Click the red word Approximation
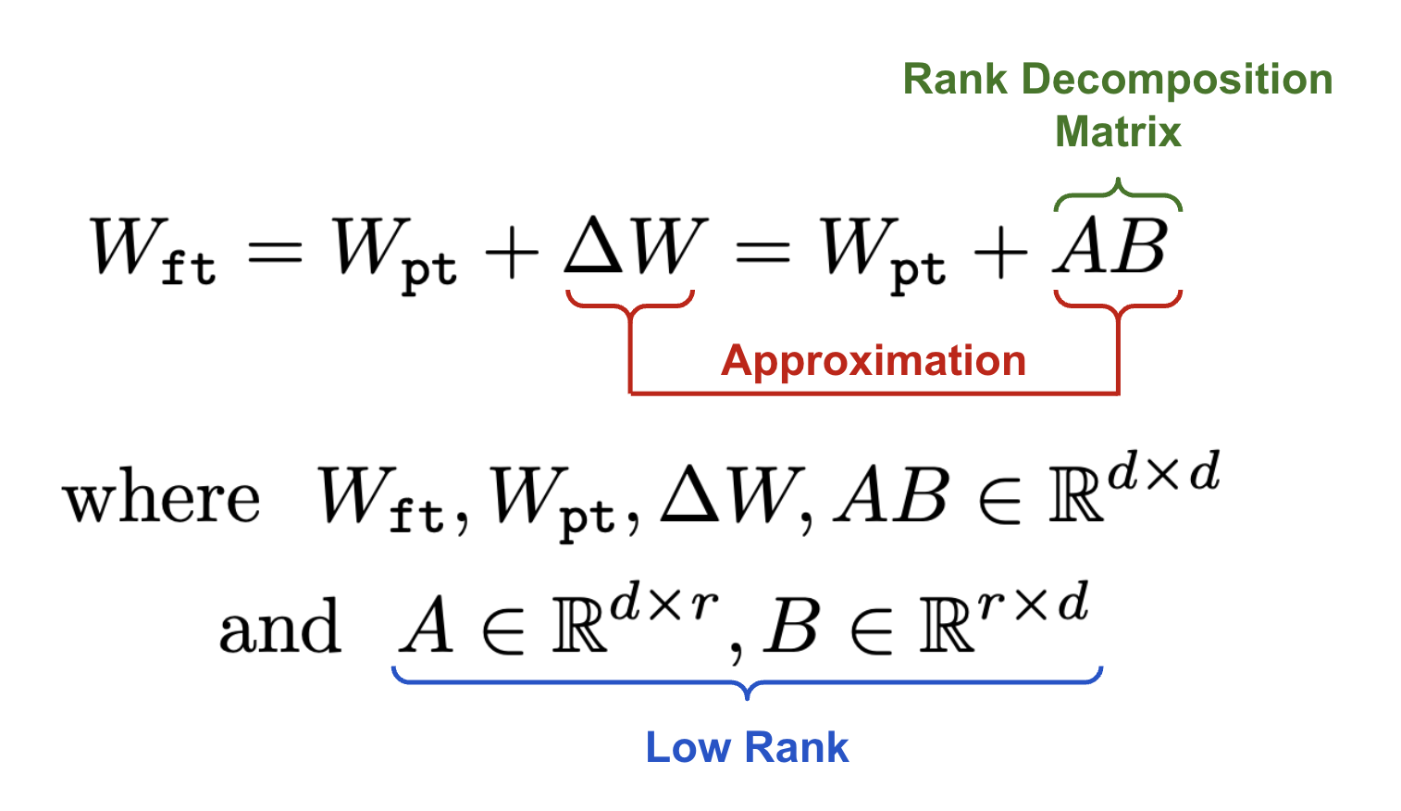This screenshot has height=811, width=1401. [873, 360]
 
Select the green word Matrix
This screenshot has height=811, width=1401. [1118, 131]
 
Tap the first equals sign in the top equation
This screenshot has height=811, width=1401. [275, 250]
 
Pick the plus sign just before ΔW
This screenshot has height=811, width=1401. [512, 250]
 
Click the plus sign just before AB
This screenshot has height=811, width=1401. [1000, 250]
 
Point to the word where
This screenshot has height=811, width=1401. [162, 500]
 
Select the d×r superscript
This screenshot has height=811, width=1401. [663, 604]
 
